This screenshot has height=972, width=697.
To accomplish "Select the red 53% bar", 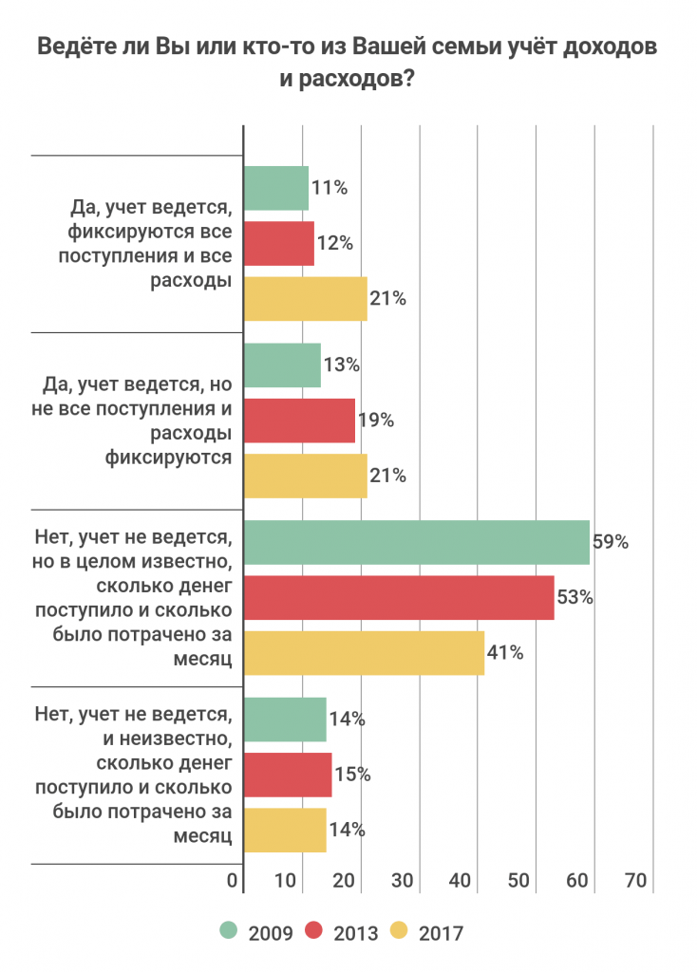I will [399, 598].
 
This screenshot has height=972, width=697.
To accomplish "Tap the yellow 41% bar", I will [364, 653].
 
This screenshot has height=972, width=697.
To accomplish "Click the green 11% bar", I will [276, 188].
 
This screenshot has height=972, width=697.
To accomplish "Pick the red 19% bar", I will [299, 420].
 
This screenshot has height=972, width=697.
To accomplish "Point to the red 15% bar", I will [288, 775].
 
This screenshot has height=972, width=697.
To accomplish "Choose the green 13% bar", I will [282, 364].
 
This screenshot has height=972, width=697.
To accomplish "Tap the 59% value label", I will [611, 543].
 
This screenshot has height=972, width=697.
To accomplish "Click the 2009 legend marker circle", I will [228, 932].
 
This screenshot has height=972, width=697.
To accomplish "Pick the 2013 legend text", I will [356, 933].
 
